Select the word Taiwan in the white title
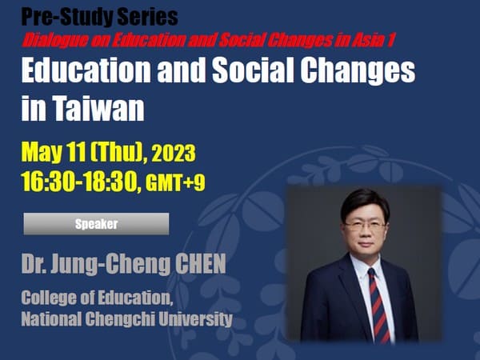[98, 107]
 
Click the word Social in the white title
[253, 70]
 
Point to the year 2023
[174, 154]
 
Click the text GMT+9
[175, 183]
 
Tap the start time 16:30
[48, 182]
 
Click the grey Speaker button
[96, 224]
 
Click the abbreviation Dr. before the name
[34, 264]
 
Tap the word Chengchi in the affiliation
[120, 319]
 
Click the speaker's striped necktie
[379, 306]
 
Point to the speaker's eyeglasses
[365, 226]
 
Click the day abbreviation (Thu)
[117, 152]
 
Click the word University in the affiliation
[196, 319]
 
